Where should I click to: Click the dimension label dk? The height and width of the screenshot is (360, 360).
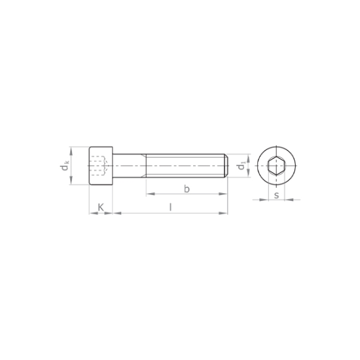[65, 166]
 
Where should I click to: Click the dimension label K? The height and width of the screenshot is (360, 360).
[101, 207]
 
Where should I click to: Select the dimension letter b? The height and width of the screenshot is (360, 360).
[187, 189]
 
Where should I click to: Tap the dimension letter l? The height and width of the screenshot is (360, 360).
[170, 207]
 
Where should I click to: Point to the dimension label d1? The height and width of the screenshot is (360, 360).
[242, 166]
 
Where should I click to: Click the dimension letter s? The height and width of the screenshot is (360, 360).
[276, 195]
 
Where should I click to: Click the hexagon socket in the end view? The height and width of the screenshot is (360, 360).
[276, 166]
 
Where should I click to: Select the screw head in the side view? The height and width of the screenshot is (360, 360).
[101, 166]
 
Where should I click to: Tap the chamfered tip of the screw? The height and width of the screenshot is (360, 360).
[226, 166]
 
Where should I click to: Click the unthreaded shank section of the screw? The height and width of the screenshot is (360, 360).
[129, 166]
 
